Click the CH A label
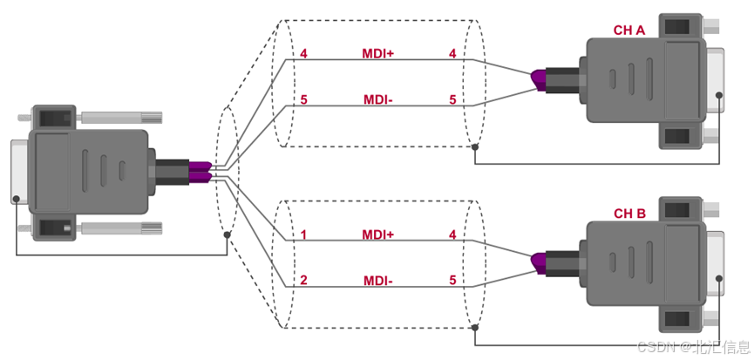[x=629, y=31]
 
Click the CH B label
[x=629, y=214]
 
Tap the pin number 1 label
[x=303, y=235]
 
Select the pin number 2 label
[x=303, y=280]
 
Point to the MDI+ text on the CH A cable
[x=378, y=53]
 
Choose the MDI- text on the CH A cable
[x=378, y=100]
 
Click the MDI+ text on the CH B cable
[x=378, y=235]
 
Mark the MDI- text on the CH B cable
[x=378, y=280]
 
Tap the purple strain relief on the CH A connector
[x=539, y=81]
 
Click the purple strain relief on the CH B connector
[x=539, y=264]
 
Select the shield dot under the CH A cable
[x=474, y=146]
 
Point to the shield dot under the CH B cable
[x=474, y=328]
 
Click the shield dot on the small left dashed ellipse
[x=227, y=234]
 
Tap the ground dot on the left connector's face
[x=17, y=199]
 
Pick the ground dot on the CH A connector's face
[x=719, y=95]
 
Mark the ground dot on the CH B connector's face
[x=719, y=278]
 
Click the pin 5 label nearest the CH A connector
[x=452, y=100]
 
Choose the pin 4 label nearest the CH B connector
[x=452, y=235]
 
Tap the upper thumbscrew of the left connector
[x=122, y=117]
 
